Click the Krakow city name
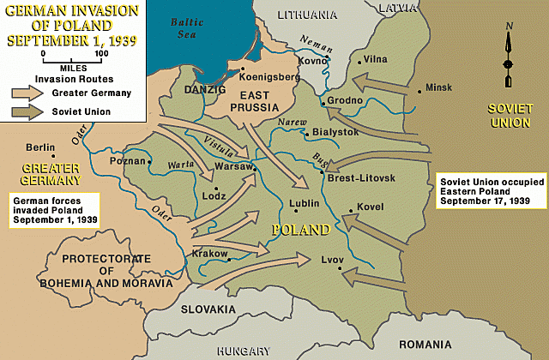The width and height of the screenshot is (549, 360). pos(208,255)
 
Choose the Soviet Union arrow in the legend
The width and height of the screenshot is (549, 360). pos(27,111)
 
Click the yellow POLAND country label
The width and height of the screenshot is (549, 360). pos(301,231)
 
